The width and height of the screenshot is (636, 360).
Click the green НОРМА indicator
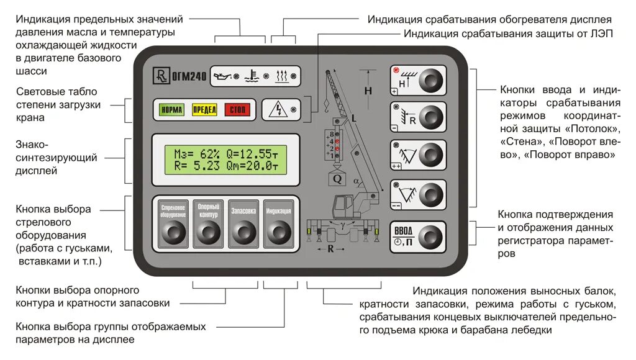click(x=171, y=110)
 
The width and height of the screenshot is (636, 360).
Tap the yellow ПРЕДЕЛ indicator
click(x=204, y=110)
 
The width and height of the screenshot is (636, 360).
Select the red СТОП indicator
click(x=237, y=110)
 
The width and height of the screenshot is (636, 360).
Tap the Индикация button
click(x=278, y=223)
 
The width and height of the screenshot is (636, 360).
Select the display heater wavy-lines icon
click(x=282, y=76)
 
